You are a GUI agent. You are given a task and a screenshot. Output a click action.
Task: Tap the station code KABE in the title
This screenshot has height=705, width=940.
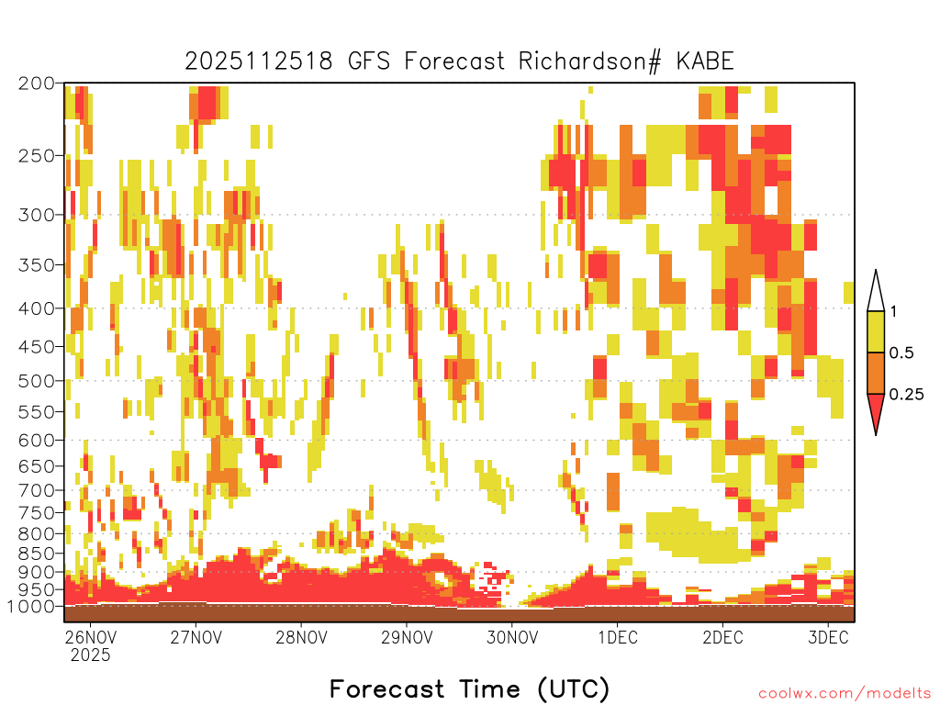(705, 62)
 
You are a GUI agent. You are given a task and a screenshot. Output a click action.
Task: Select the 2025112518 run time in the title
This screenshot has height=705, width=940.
(258, 62)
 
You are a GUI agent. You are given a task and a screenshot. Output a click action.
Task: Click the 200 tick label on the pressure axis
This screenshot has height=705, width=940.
(37, 84)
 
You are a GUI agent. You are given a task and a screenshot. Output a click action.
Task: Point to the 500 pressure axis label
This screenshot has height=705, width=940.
(37, 381)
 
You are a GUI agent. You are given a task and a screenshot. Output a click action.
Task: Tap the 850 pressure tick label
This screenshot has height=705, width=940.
(37, 553)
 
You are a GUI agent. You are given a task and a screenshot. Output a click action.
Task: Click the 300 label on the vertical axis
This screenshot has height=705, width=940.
(37, 215)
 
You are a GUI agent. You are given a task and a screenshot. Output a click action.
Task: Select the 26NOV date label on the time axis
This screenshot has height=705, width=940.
(90, 637)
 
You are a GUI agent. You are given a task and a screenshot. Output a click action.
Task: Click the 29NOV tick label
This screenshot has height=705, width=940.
(407, 637)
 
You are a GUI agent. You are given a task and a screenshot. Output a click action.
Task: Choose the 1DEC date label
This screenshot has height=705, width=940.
(618, 637)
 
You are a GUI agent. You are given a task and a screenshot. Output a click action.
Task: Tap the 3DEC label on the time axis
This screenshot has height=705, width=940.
(829, 637)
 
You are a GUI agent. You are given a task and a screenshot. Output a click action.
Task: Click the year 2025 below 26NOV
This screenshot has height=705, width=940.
(90, 655)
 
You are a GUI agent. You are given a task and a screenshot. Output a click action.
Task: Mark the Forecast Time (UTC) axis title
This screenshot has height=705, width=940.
(469, 688)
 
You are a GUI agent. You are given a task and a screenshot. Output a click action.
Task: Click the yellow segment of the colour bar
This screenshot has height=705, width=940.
(876, 331)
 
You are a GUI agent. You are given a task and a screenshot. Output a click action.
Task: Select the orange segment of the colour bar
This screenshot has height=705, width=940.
(876, 373)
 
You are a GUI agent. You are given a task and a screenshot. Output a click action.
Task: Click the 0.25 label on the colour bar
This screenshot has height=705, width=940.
(906, 394)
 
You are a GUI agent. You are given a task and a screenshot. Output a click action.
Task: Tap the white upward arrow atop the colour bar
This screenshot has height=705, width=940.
(876, 291)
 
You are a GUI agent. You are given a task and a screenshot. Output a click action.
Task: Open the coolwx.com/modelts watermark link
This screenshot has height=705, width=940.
(845, 694)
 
